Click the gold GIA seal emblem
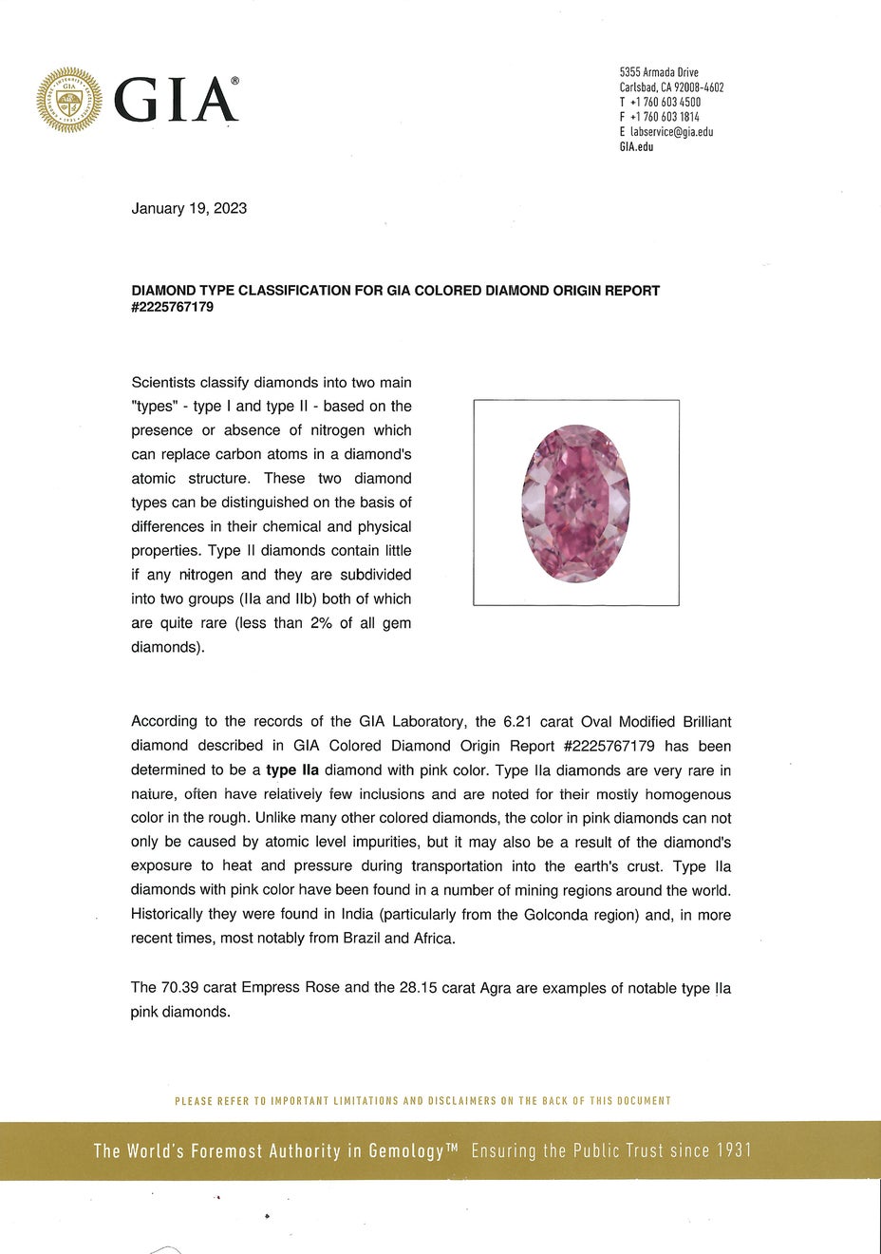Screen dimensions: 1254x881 69,100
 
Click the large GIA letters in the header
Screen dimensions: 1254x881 175,101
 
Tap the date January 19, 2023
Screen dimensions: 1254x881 189,208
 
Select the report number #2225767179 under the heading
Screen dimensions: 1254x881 172,307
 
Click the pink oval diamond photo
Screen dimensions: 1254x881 575,503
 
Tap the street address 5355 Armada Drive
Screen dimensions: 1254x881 659,72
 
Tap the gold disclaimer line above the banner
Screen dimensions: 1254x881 423,1101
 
